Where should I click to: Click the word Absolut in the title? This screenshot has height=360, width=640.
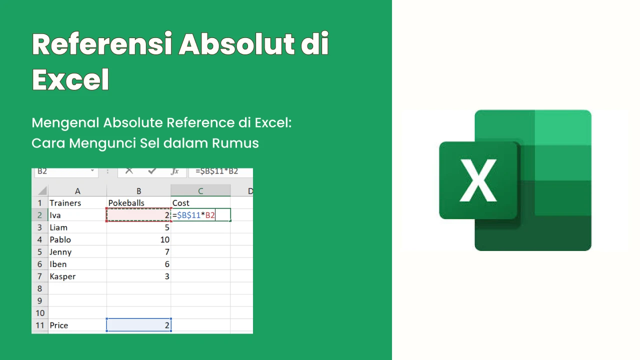tap(237, 44)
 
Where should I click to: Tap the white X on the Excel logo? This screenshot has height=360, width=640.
tap(478, 180)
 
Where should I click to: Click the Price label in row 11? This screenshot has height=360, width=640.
tap(59, 325)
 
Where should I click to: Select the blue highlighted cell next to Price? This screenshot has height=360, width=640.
tap(139, 325)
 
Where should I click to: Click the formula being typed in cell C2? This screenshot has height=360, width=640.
tap(193, 215)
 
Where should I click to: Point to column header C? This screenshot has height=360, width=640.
tap(200, 190)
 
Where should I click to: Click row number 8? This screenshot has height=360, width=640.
tap(39, 288)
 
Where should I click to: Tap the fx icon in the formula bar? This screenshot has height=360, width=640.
tap(174, 171)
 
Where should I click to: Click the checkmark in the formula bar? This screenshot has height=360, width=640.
tap(152, 171)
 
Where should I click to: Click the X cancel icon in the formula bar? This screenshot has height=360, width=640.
tap(129, 171)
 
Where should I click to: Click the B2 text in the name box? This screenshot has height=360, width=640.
tap(42, 171)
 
